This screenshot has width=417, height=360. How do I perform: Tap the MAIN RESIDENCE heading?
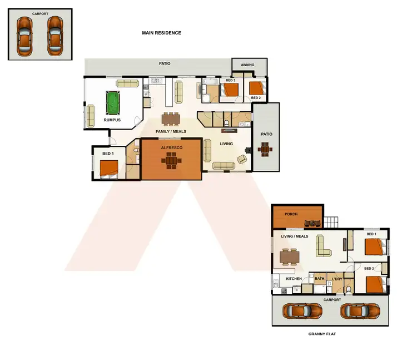161,33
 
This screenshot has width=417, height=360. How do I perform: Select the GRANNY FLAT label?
323,334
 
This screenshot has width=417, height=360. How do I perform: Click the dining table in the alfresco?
171,160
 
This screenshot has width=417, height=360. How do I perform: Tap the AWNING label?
247,65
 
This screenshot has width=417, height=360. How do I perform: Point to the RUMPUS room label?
112,120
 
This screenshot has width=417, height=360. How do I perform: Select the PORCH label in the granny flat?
291,214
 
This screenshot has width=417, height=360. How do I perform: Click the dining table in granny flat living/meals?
289,257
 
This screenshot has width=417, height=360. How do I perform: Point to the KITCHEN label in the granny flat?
294,279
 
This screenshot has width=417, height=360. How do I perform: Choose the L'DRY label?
336,279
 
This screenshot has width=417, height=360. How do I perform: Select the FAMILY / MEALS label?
171,132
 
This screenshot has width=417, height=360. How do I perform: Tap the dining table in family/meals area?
171,118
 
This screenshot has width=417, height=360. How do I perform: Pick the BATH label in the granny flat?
319,279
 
